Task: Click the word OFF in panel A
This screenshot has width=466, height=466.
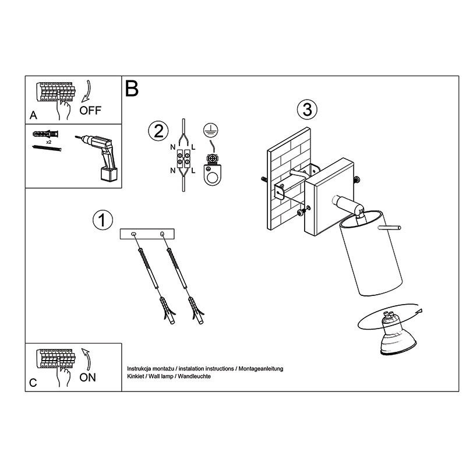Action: click(90, 111)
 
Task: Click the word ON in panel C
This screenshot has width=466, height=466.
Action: click(88, 377)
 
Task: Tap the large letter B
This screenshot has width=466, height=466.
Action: click(132, 89)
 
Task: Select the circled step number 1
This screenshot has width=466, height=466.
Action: click(103, 220)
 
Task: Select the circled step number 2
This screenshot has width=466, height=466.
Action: click(158, 131)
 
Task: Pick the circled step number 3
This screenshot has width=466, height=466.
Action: click(308, 109)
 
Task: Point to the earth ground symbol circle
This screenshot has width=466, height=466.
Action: click(210, 130)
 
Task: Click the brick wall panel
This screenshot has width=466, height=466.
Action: click(289, 179)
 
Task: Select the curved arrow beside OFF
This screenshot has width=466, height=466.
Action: click(87, 91)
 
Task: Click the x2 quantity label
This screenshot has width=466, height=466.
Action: click(48, 142)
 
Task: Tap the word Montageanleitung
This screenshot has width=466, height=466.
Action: click(261, 369)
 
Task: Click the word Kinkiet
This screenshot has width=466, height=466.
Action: click(135, 376)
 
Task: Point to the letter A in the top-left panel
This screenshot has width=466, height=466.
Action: click(33, 115)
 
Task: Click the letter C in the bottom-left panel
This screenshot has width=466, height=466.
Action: click(33, 383)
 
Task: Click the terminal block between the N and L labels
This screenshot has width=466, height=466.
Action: click(183, 159)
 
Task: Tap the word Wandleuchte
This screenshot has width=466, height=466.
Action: click(195, 376)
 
